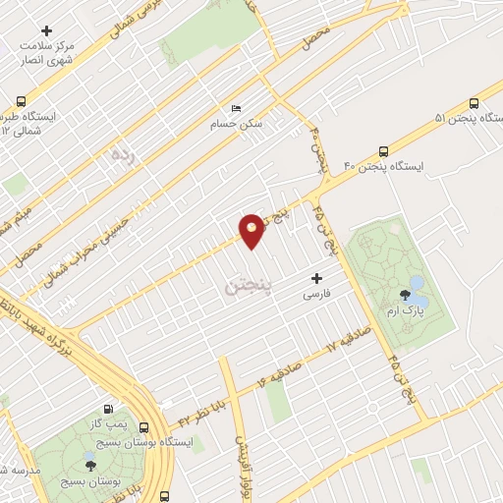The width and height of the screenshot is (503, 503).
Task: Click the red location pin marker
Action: click(x=252, y=230)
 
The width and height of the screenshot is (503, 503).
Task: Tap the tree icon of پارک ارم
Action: click(x=404, y=294)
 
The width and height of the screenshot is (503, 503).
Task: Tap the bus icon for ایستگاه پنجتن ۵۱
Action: click(x=475, y=103)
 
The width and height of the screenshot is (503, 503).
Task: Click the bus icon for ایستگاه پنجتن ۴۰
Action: click(x=383, y=151)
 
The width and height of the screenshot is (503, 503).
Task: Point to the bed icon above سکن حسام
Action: click(x=234, y=108)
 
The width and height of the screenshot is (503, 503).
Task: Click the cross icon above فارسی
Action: click(x=315, y=278)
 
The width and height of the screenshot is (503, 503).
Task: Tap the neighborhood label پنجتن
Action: click(x=247, y=288)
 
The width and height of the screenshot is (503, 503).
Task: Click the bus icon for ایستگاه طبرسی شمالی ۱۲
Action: click(x=22, y=101)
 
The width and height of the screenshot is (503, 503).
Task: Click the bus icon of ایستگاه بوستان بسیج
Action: click(x=144, y=427)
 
